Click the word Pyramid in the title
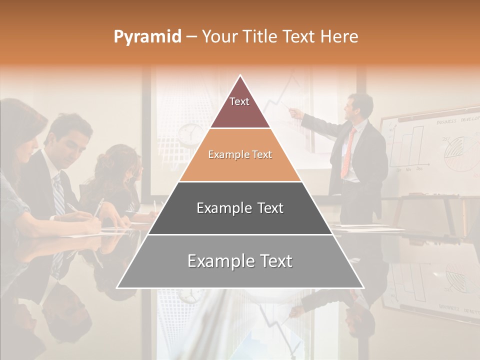[147, 37]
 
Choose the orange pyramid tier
[240, 155]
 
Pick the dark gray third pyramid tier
[240, 208]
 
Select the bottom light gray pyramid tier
[240, 261]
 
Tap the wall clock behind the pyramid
[189, 133]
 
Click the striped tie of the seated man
[58, 195]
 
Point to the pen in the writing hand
[97, 207]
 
